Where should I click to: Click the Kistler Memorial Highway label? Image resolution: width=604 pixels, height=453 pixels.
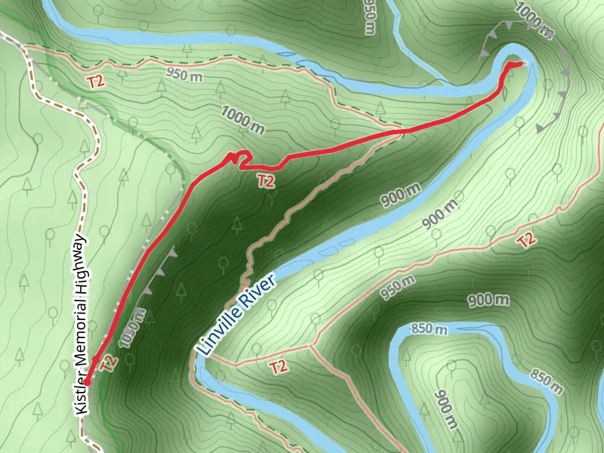click(x=82, y=325)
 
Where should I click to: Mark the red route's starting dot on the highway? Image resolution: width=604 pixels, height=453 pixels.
click(x=87, y=382)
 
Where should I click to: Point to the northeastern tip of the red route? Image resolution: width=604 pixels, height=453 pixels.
click(x=520, y=63)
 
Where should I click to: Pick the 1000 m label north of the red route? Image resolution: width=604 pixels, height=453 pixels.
click(x=243, y=120)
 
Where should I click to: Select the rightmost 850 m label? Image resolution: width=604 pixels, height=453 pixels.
click(x=547, y=382)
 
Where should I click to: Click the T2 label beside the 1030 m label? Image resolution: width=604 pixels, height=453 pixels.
click(x=109, y=363)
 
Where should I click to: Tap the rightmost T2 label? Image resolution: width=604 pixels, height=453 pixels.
click(x=526, y=241)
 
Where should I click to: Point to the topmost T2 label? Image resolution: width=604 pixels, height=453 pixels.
click(x=96, y=82)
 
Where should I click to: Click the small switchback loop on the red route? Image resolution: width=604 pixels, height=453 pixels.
click(x=239, y=157)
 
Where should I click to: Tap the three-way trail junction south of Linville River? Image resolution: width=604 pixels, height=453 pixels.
click(x=311, y=347)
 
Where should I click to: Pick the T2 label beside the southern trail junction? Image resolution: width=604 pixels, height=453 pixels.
click(x=279, y=367)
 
